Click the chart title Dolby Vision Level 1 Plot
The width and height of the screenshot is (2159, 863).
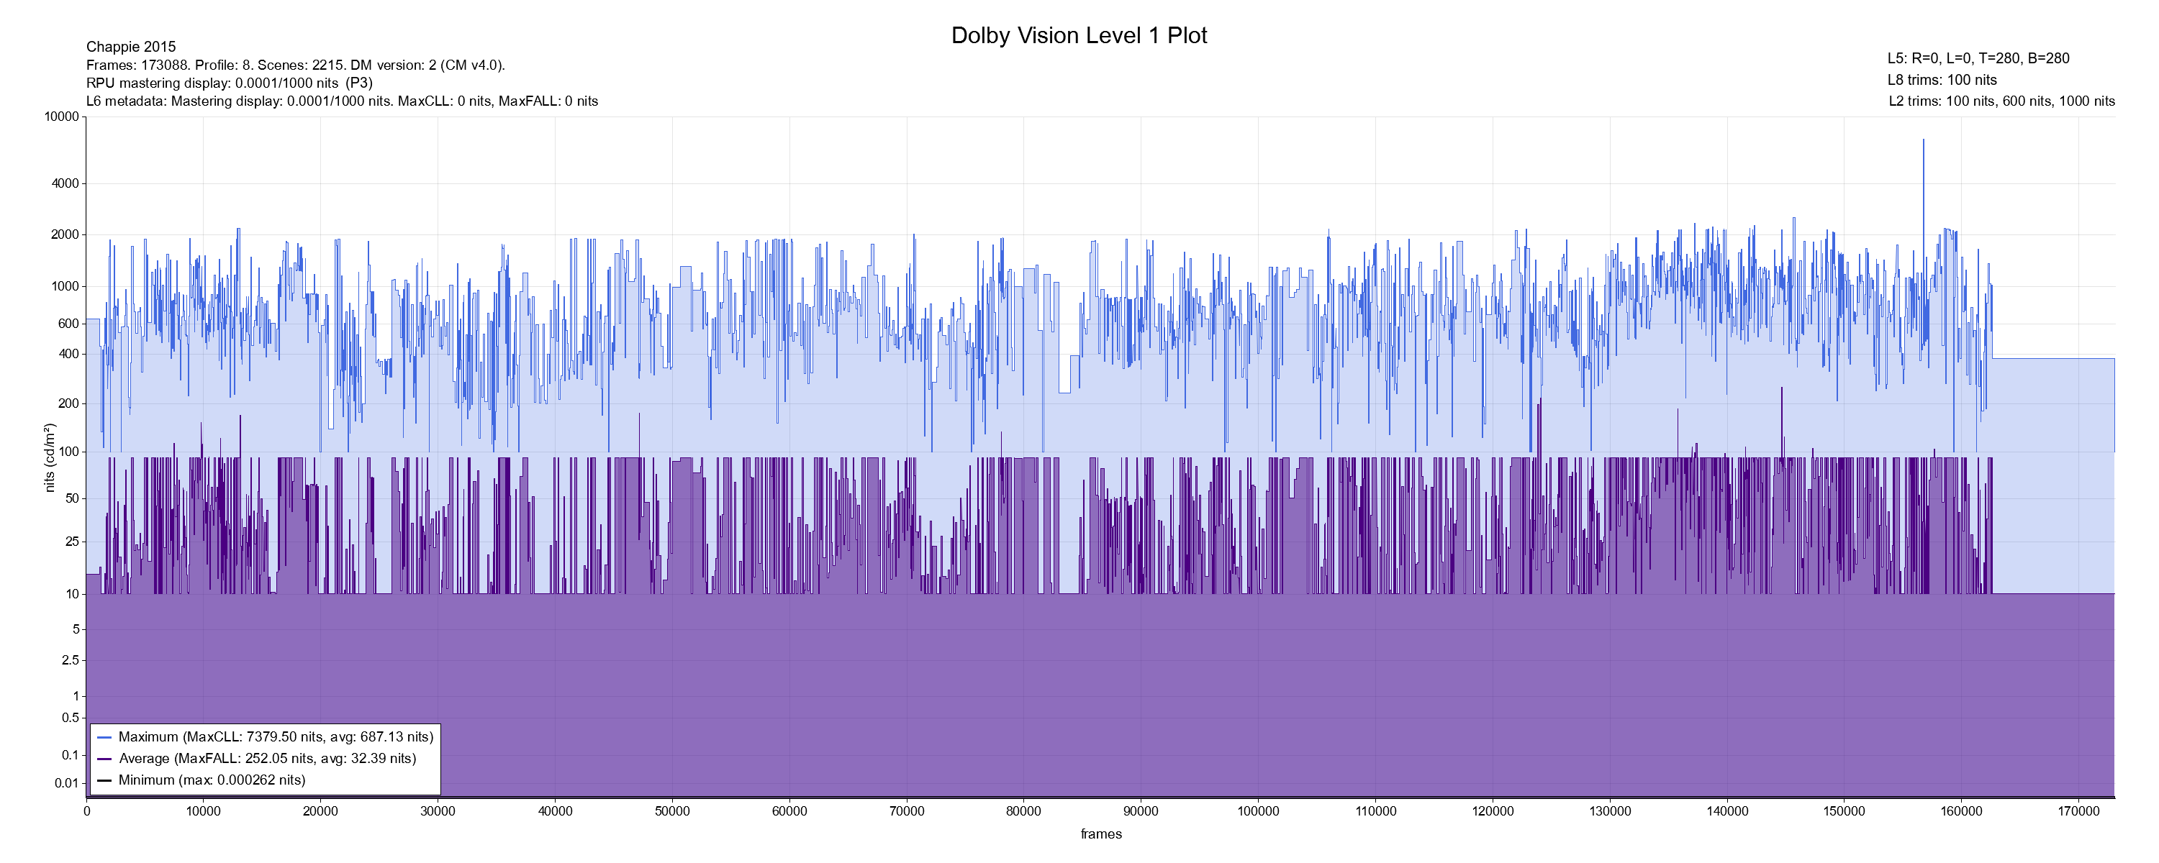[1079, 35]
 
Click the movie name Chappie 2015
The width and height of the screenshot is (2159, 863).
[131, 47]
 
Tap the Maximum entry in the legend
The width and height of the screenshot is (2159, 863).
[276, 737]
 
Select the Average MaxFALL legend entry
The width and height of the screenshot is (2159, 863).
[266, 758]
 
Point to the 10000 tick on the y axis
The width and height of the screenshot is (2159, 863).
[61, 117]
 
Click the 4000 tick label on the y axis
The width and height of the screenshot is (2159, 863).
[65, 183]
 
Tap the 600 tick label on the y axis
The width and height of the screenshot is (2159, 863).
[68, 324]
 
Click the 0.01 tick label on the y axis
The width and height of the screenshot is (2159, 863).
[66, 783]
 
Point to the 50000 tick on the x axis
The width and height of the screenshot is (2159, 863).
[672, 811]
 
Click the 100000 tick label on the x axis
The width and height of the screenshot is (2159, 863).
[1258, 811]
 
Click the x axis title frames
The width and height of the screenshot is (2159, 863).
[1100, 834]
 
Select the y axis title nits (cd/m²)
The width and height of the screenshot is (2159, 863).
[50, 457]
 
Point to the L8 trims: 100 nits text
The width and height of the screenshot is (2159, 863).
[1942, 81]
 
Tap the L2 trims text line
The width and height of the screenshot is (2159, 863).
[2001, 101]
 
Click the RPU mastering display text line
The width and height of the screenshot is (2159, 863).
[229, 83]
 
